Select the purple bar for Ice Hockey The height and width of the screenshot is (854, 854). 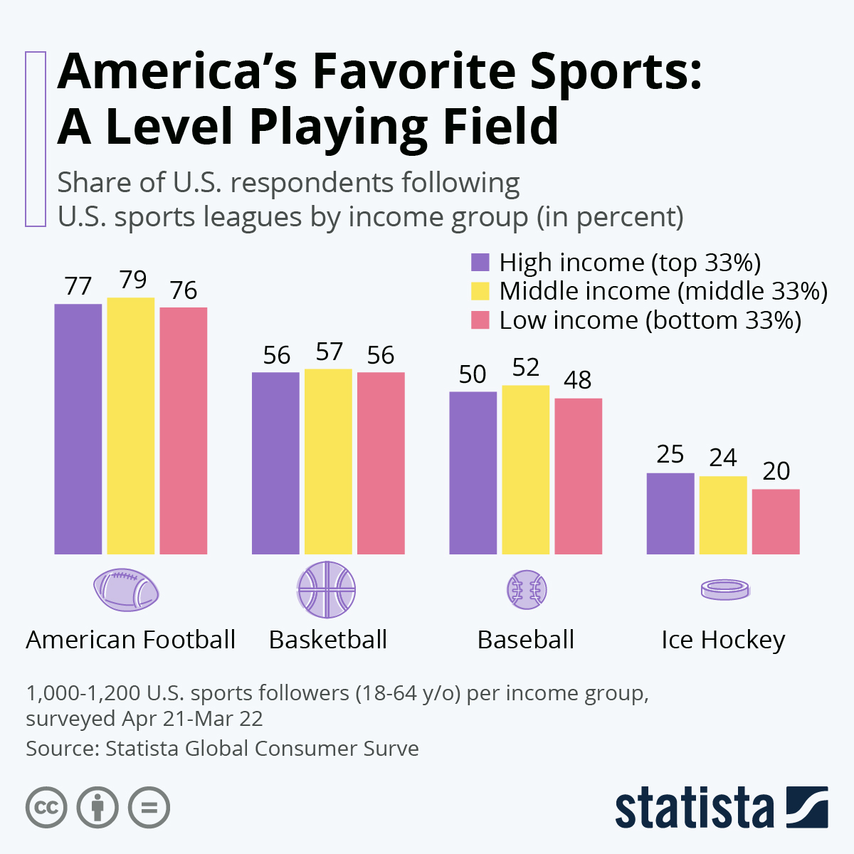click(x=670, y=513)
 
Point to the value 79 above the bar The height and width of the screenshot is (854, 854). click(x=133, y=280)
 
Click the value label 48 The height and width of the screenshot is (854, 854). click(x=577, y=380)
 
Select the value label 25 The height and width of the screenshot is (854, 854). click(x=670, y=455)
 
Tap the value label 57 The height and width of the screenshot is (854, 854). click(x=329, y=352)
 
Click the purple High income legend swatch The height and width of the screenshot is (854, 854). click(x=480, y=263)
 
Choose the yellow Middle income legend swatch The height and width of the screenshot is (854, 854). click(x=480, y=291)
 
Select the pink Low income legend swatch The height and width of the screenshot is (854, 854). click(x=480, y=320)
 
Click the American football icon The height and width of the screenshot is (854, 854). click(x=126, y=590)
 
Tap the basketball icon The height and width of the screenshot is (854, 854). click(x=327, y=590)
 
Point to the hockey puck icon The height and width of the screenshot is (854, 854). click(x=724, y=590)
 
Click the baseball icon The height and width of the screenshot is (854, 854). click(x=527, y=590)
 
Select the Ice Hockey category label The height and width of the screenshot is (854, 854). click(x=723, y=640)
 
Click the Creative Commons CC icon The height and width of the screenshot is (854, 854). click(x=46, y=808)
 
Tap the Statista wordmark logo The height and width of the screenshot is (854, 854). click(x=695, y=808)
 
